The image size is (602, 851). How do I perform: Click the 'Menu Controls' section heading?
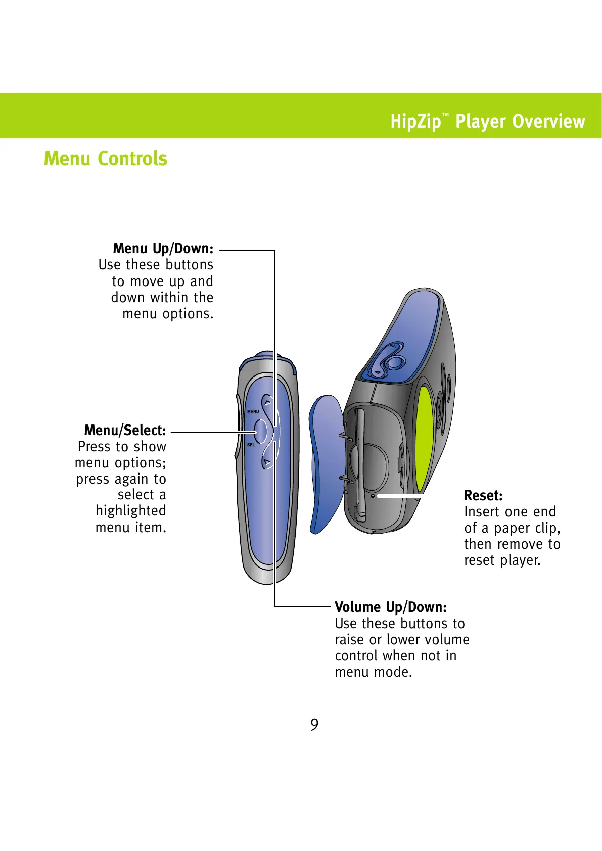coord(105,159)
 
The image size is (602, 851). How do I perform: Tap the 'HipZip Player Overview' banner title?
coord(487,122)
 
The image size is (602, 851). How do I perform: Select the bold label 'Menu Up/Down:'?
coord(163,249)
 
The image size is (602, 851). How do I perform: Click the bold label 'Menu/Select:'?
coord(125,431)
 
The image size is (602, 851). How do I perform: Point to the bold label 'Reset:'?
coord(483,496)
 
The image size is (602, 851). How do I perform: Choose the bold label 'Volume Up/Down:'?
coord(391,607)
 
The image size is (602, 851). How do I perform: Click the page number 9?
coord(314,725)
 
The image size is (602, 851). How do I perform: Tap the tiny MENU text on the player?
coord(253,412)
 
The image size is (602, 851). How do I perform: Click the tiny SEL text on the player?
coord(251,445)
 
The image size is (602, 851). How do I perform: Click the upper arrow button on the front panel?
coord(267,403)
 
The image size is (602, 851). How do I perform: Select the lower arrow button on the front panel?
coord(267,462)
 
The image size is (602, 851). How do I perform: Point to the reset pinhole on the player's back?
coord(373,496)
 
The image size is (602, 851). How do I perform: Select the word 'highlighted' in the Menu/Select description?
coord(130,511)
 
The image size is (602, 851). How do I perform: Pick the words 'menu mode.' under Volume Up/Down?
coord(374,672)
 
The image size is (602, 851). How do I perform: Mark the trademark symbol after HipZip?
coord(445,116)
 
